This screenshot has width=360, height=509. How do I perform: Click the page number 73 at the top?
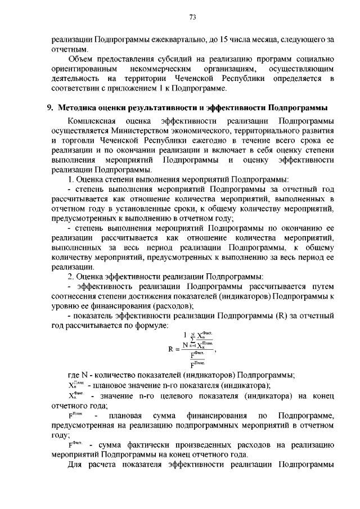(192, 17)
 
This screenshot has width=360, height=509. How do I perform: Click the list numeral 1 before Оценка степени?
(70, 179)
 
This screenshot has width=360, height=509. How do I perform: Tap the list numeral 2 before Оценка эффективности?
(70, 276)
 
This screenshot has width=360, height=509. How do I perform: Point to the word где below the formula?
(75, 375)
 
